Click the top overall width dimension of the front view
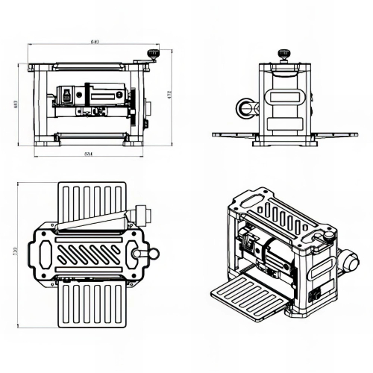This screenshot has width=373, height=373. click(x=94, y=41)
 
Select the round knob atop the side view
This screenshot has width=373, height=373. click(x=283, y=54)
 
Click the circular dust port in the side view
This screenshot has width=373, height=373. click(x=247, y=107)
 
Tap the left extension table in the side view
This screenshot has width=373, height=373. click(x=235, y=135)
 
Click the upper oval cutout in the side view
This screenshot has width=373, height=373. click(x=284, y=96)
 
